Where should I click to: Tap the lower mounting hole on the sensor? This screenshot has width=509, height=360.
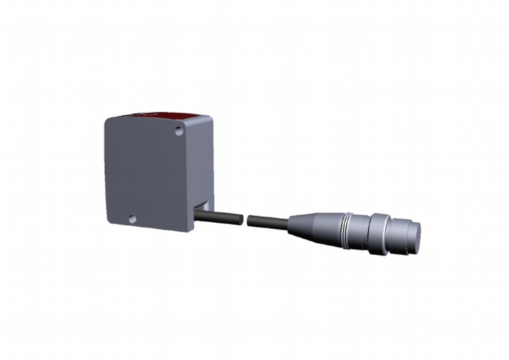(132, 218)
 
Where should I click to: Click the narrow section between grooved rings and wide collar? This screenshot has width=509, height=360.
(362, 230)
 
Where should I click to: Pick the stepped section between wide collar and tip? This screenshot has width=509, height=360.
(398, 233)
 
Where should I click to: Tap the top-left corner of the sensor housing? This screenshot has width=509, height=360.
(107, 121)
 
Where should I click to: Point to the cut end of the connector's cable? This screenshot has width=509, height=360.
(249, 220)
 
